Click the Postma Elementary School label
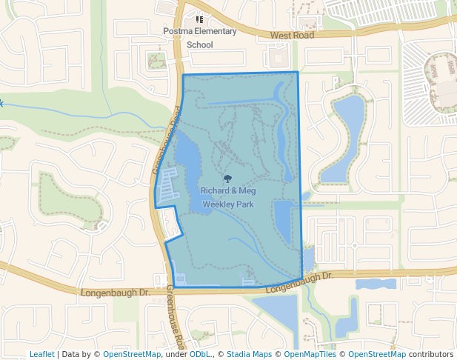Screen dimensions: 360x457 coord(200,38)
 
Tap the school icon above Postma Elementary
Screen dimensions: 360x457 coord(199,19)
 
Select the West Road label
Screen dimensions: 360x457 coord(292,35)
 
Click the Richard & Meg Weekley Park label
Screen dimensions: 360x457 coord(228,196)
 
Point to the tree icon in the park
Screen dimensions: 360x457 coord(228,179)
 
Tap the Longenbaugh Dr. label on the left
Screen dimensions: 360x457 coord(115,293)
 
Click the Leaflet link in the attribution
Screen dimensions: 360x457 coord(41,354)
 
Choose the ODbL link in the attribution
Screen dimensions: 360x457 coord(201,354)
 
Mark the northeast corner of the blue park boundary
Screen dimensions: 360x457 coord(298,72)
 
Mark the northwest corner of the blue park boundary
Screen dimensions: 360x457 coord(183,75)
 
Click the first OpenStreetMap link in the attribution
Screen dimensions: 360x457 coord(132,354)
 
